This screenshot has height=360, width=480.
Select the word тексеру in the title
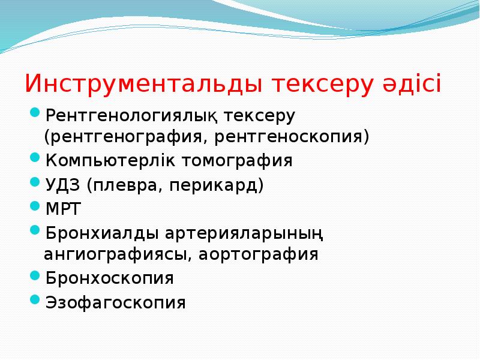point(321,84)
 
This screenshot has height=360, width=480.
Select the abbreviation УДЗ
point(62,184)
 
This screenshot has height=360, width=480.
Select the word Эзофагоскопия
point(115,302)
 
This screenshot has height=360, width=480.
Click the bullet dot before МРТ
point(35,206)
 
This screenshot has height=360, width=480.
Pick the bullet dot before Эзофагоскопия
point(35,301)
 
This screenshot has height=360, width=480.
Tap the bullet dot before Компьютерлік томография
point(35,160)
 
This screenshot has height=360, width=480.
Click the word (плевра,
point(123,184)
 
